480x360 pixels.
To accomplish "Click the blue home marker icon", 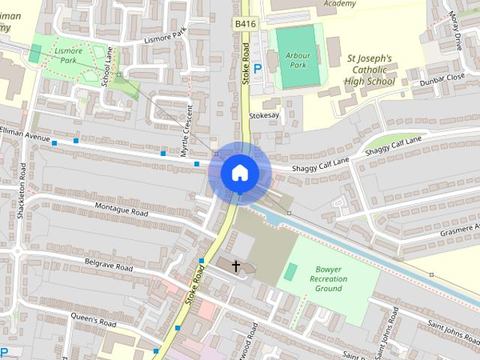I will pyautogui.click(x=239, y=172).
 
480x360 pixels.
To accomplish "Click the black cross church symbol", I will pyautogui.click(x=236, y=266).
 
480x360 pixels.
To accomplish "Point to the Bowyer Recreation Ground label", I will pyautogui.click(x=328, y=278).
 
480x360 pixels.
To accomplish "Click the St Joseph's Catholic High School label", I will pyautogui.click(x=369, y=69).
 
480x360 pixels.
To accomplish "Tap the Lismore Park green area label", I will pyautogui.click(x=69, y=55).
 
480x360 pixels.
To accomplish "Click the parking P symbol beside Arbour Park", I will pyautogui.click(x=257, y=69).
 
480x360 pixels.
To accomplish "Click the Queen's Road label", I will pyautogui.click(x=93, y=321).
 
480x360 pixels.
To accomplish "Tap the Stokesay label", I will pyautogui.click(x=264, y=116).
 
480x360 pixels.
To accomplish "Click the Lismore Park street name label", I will pyautogui.click(x=163, y=35).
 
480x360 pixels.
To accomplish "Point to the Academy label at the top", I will pyautogui.click(x=340, y=4).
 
